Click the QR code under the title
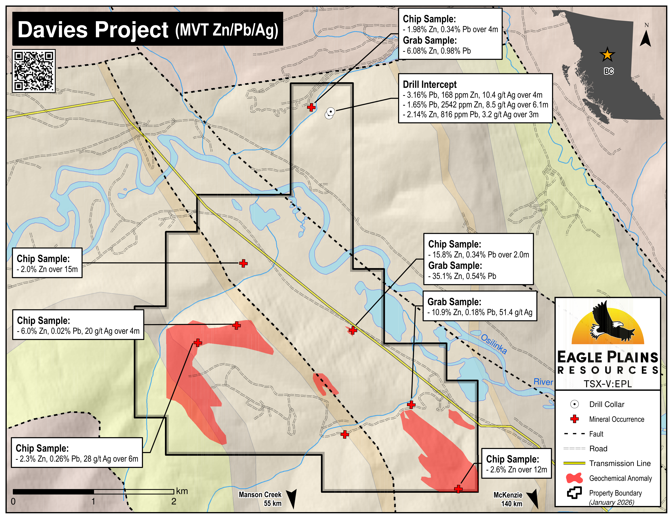point(34,71)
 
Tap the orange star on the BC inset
point(607,55)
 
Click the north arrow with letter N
point(645,36)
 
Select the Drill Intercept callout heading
point(429,84)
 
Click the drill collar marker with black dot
point(331,111)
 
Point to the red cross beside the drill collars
point(311,107)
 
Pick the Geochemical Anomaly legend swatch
point(574,478)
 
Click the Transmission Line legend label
point(620,463)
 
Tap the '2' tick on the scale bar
point(174,501)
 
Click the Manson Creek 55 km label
point(260,499)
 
